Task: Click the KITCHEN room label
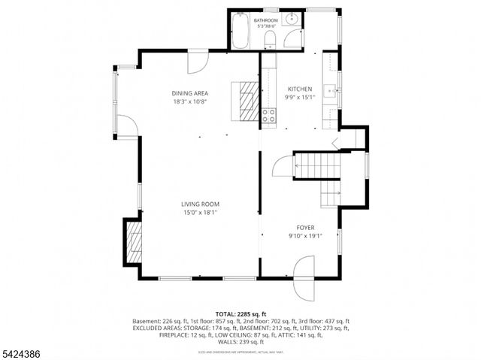click(298, 89)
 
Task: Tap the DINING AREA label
click(189, 93)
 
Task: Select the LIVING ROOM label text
click(199, 204)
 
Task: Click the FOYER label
click(304, 227)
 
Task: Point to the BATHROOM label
click(265, 20)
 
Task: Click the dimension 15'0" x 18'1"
click(199, 213)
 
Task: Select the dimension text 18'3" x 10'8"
click(189, 101)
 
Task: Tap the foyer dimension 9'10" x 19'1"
click(304, 235)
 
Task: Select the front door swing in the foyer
click(304, 267)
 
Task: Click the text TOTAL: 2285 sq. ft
click(240, 313)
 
